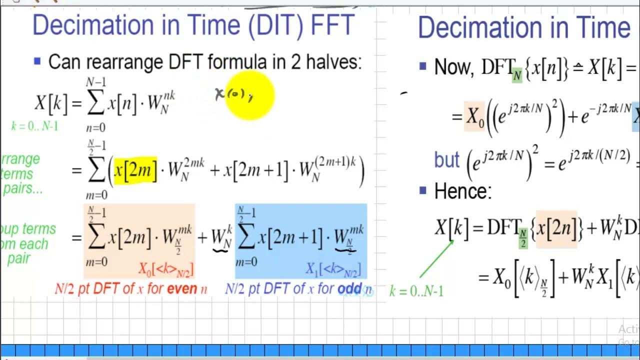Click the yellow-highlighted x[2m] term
coord(135,170)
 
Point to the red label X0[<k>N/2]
coord(166,269)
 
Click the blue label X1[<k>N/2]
coord(333,269)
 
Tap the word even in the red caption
coord(180,289)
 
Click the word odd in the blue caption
coord(349,289)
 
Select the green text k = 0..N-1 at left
coord(34,126)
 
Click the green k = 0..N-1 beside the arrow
coord(416,291)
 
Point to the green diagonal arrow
coord(436,259)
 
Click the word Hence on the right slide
coord(462,191)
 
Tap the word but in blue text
coord(446,159)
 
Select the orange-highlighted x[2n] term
coord(556,228)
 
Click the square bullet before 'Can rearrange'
coord(37,61)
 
